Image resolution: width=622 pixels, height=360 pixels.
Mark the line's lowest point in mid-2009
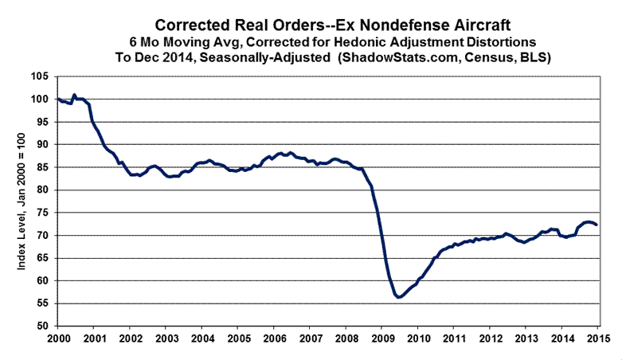397,296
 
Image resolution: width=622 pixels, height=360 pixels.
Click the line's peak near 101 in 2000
74,95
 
